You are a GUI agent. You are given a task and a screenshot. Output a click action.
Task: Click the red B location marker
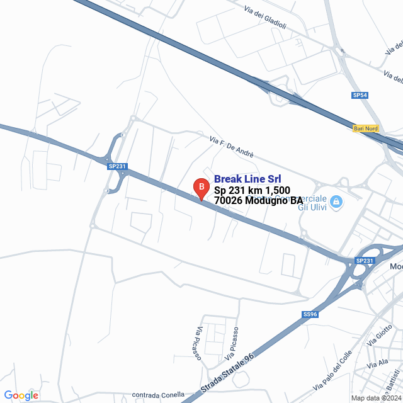[200, 188]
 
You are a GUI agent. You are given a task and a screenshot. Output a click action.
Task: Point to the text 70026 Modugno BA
[258, 200]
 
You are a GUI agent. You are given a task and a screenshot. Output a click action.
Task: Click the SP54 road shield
[360, 95]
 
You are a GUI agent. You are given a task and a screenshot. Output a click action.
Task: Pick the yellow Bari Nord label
[366, 128]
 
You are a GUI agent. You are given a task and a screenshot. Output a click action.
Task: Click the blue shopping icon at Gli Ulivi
[336, 201]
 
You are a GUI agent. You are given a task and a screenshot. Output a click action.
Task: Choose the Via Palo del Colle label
[331, 370]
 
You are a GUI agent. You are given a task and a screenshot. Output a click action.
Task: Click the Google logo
[21, 395]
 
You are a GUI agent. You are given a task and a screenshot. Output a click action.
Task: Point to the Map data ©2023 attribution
[377, 398]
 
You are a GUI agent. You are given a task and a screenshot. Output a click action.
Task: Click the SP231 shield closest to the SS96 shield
[364, 261]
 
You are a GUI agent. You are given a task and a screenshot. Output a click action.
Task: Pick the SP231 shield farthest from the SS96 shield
[117, 166]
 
